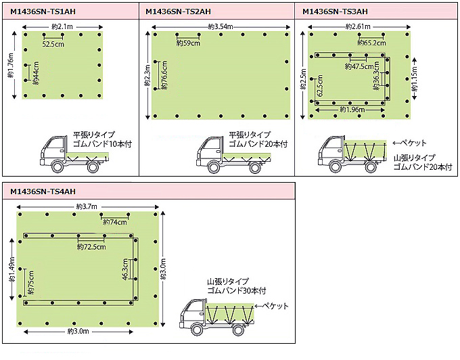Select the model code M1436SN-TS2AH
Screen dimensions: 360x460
(178, 12)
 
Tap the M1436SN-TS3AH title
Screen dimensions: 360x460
(335, 12)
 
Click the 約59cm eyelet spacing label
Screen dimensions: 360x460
(188, 43)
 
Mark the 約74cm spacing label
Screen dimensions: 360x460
(115, 222)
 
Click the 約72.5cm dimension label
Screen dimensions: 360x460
(91, 247)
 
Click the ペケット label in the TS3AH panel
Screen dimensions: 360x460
(412, 143)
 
